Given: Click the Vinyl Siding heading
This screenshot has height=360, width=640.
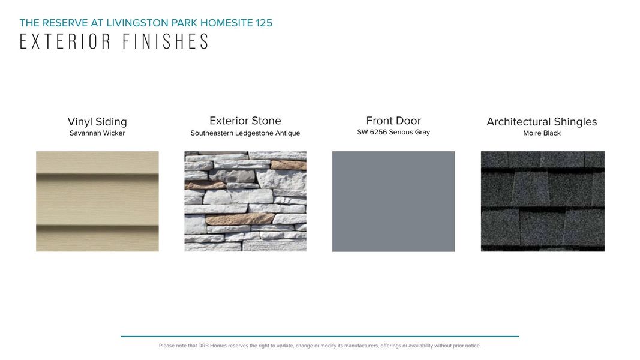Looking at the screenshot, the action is pyautogui.click(x=97, y=122).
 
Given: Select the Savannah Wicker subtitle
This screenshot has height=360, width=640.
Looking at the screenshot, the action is pyautogui.click(x=97, y=133).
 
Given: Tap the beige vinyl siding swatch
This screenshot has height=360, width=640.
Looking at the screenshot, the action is pyautogui.click(x=97, y=201).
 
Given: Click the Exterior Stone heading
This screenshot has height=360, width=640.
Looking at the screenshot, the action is pyautogui.click(x=245, y=121).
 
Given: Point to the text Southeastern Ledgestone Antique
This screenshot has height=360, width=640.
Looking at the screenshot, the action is pyautogui.click(x=245, y=133).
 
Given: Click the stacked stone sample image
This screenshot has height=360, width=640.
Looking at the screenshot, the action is pyautogui.click(x=245, y=201).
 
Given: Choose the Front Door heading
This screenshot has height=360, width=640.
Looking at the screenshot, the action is pyautogui.click(x=393, y=121).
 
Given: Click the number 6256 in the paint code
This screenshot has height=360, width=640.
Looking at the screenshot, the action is pyautogui.click(x=378, y=132).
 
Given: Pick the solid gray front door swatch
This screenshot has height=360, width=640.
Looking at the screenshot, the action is pyautogui.click(x=393, y=201).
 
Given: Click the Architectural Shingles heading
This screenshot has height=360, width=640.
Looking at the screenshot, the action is pyautogui.click(x=542, y=122).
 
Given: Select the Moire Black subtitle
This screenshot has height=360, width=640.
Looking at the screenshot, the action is pyautogui.click(x=542, y=133).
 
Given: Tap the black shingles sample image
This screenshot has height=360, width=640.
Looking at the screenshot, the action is pyautogui.click(x=542, y=201).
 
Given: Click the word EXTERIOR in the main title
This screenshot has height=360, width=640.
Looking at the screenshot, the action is pyautogui.click(x=65, y=41).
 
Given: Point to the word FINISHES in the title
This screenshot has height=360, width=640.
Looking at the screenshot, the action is pyautogui.click(x=166, y=41).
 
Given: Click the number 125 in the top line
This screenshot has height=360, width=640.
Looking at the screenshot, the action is pyautogui.click(x=264, y=23).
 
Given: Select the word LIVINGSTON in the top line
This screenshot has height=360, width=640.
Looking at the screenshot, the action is pyautogui.click(x=137, y=23).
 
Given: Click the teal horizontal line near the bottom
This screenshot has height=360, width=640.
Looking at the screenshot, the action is pyautogui.click(x=320, y=337).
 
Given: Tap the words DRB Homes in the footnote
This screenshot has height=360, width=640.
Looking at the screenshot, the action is pyautogui.click(x=212, y=346).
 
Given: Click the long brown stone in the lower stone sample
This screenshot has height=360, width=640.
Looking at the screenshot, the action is pyautogui.click(x=239, y=219).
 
